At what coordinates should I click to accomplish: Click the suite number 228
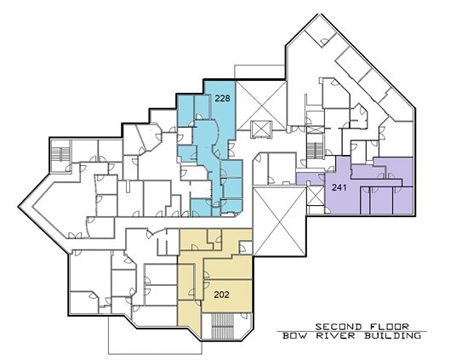coord(223,99)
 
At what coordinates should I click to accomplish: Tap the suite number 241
coord(339,187)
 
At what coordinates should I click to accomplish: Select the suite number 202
coord(221,294)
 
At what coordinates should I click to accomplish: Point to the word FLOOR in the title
coord(390,327)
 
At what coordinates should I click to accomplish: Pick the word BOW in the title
coord(296,335)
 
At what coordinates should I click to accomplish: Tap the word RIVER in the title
coord(336,335)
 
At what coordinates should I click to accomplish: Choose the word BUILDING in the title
coord(392,335)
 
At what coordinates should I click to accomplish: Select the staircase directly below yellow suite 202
coord(222,326)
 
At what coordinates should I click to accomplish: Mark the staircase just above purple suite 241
coord(315,151)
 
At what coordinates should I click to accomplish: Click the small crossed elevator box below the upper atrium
coord(261,129)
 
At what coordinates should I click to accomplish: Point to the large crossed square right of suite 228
coord(261,106)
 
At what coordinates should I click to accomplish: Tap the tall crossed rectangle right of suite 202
coord(279,221)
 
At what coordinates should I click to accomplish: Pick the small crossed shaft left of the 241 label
coord(316,196)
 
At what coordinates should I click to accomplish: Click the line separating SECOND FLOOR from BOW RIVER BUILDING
coord(352,331)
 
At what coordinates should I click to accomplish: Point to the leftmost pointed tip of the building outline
coord(19,207)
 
